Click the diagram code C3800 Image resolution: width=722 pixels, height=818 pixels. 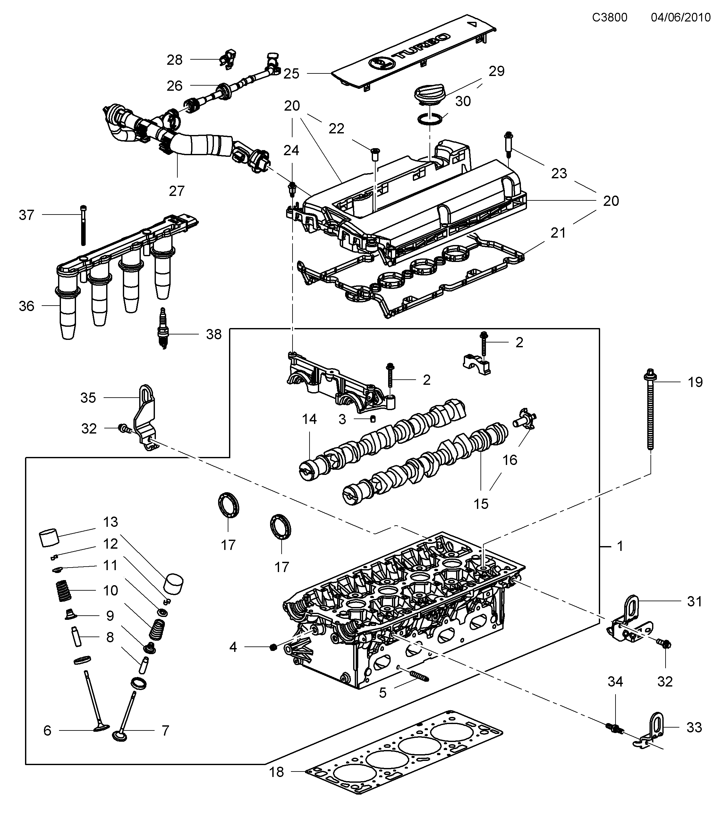[609, 17]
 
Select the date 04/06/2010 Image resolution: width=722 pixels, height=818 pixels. [681, 17]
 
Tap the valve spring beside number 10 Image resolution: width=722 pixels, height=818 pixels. [63, 591]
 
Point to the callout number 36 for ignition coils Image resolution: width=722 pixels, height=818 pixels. [26, 306]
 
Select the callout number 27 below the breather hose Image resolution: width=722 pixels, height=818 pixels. [176, 191]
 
